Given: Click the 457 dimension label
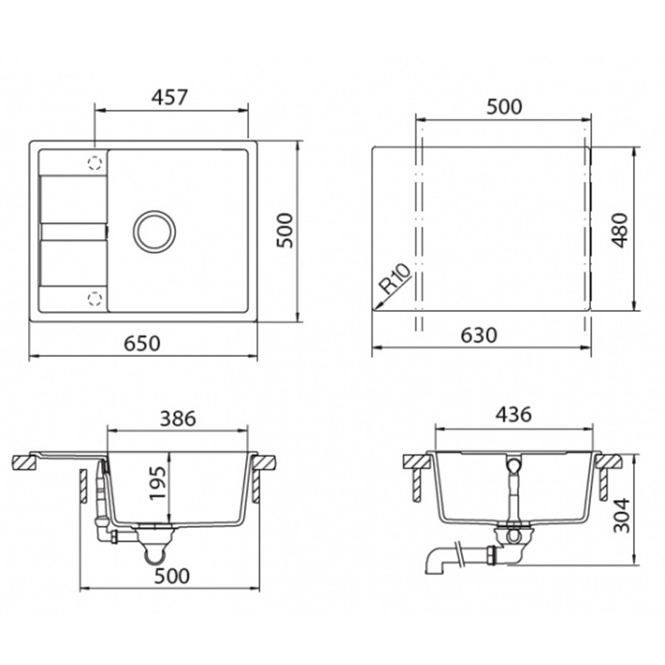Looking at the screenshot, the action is tap(170, 97).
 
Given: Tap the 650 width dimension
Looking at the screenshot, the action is tap(142, 343).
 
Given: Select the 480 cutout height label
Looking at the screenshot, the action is tap(620, 230).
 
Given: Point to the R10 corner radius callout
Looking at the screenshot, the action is tap(395, 279).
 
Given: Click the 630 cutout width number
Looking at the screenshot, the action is tap(479, 335).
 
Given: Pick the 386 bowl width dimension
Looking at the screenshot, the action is tap(177, 419).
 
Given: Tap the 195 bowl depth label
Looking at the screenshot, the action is tap(157, 483).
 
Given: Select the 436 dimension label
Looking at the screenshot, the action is tap(514, 415).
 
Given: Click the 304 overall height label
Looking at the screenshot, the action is tap(622, 515).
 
